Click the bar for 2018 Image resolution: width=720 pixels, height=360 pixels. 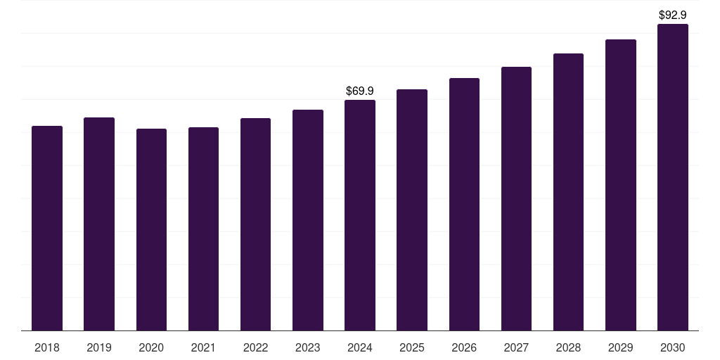coord(47,229)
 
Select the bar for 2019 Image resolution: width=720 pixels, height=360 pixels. coord(99,224)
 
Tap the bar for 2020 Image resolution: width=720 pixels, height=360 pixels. coord(152,230)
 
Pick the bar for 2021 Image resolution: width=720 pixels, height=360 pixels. coord(203,229)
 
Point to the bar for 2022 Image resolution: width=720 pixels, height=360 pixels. coord(255,224)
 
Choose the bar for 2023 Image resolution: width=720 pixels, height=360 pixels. coord(308,220)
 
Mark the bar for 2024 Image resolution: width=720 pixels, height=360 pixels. coord(360,215)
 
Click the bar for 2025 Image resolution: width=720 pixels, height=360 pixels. coord(412,210)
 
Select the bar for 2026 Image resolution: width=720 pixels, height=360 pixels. coord(464,205)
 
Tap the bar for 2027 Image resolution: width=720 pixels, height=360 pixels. coord(517,199)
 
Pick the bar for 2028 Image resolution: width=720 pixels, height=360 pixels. coord(568,192)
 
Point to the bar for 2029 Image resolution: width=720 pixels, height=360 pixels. coord(621,185)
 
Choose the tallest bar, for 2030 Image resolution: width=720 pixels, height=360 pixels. coord(673,177)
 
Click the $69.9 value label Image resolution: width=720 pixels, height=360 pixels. coord(360,91)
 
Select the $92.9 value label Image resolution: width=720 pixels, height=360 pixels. coord(673,15)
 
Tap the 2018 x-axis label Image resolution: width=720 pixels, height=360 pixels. coord(47,347)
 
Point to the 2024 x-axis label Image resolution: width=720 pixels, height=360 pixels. coord(360,347)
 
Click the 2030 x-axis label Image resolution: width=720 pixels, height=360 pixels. coord(673,347)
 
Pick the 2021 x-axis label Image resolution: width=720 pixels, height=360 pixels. coord(203,347)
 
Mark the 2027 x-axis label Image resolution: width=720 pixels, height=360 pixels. coord(517,347)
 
